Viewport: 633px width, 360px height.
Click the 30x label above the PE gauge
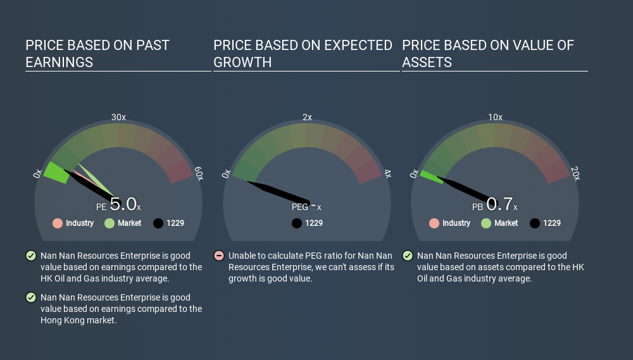(x=118, y=117)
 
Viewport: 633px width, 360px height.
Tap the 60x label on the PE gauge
(x=199, y=173)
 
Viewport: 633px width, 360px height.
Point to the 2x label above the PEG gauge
(x=307, y=117)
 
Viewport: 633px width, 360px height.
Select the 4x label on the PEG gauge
(x=387, y=173)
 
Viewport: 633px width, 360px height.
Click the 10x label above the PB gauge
(x=496, y=117)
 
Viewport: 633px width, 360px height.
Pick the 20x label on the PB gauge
(x=575, y=173)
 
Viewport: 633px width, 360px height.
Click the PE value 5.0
(x=123, y=204)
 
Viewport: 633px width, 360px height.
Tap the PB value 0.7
(x=499, y=204)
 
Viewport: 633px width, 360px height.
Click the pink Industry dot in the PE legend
(x=58, y=223)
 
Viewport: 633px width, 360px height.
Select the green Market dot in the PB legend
(x=486, y=223)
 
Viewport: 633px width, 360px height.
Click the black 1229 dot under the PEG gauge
(x=297, y=223)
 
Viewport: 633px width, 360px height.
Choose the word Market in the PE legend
(x=129, y=223)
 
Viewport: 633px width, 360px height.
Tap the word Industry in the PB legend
(x=456, y=223)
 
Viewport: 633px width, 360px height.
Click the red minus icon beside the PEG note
(x=219, y=256)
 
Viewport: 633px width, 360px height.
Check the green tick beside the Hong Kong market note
(x=30, y=297)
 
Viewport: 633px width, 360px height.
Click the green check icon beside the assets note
(x=407, y=256)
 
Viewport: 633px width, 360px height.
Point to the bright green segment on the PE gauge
(x=56, y=173)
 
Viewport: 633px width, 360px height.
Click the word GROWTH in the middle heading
(x=242, y=62)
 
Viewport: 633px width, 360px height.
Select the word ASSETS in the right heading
(x=427, y=62)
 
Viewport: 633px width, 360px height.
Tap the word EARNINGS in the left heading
(x=59, y=62)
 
